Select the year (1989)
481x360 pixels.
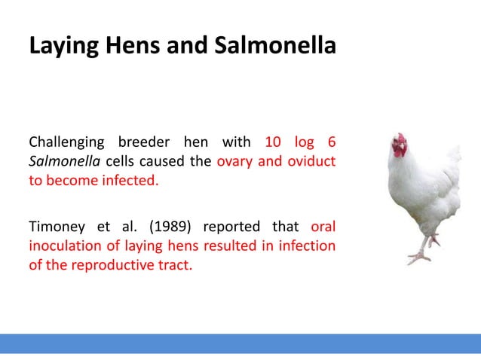170,227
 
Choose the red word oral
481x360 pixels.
323,227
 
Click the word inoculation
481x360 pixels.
63,246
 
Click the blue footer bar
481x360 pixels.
240,343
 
